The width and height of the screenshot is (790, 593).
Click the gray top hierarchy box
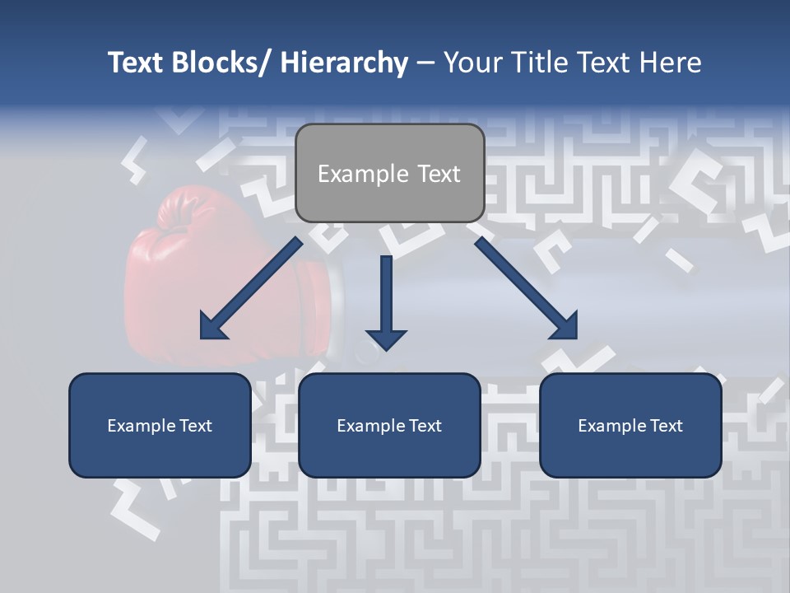tap(389, 173)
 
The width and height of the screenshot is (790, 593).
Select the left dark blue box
tap(160, 425)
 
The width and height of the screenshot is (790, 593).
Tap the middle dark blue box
tap(389, 425)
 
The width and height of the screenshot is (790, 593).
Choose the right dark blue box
tap(630, 425)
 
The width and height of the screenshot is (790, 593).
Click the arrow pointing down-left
tap(251, 288)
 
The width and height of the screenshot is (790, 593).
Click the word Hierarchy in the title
tap(345, 63)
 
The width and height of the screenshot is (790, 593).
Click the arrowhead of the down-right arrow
tap(564, 325)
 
